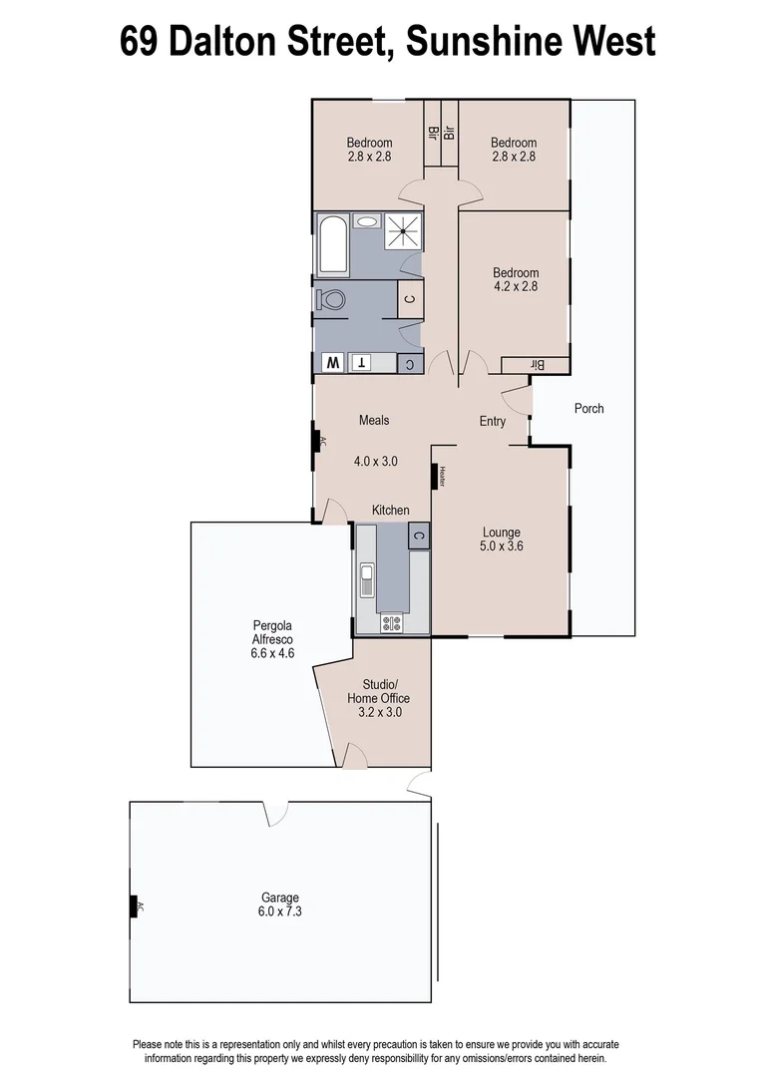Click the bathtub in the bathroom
tap(331, 243)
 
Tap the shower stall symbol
tap(403, 231)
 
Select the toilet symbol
tap(331, 298)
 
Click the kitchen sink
tap(367, 577)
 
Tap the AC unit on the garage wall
tap(134, 906)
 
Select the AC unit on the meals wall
tap(317, 442)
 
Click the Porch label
tap(588, 408)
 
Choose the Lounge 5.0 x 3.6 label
tap(501, 539)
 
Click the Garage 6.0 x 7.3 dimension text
tap(281, 911)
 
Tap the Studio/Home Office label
tap(378, 698)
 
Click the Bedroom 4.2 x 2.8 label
tap(516, 280)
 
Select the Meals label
tap(374, 420)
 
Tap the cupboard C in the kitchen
tap(418, 536)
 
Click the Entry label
tap(493, 421)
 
